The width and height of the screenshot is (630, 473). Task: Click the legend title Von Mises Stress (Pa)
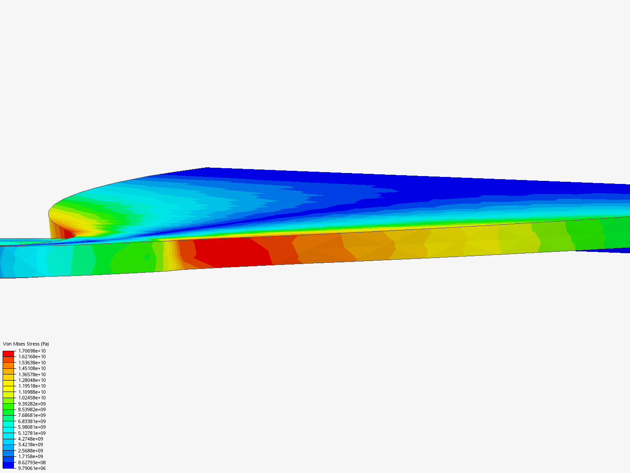click(26, 344)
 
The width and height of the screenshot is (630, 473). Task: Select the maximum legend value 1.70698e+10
click(32, 351)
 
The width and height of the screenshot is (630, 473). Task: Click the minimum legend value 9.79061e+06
click(32, 469)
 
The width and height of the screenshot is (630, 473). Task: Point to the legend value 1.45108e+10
click(32, 368)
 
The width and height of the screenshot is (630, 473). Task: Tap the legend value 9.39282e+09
click(32, 404)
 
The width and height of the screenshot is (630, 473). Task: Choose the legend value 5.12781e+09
click(32, 433)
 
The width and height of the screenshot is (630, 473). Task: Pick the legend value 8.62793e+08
click(32, 462)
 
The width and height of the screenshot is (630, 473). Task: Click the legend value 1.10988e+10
click(32, 392)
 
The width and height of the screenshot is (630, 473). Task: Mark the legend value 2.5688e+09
click(31, 451)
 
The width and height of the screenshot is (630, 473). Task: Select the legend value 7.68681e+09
click(32, 415)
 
